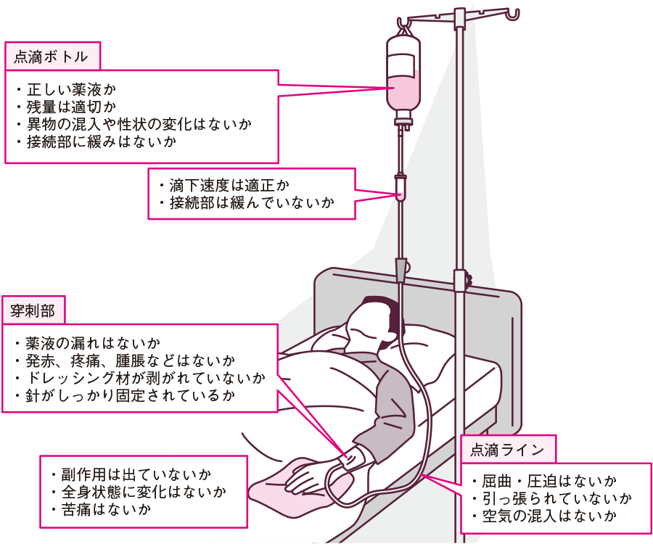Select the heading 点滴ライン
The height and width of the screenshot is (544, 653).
(x=507, y=450)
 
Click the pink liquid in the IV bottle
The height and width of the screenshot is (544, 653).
(x=403, y=93)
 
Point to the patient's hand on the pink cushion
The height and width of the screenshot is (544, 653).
(x=308, y=476)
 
